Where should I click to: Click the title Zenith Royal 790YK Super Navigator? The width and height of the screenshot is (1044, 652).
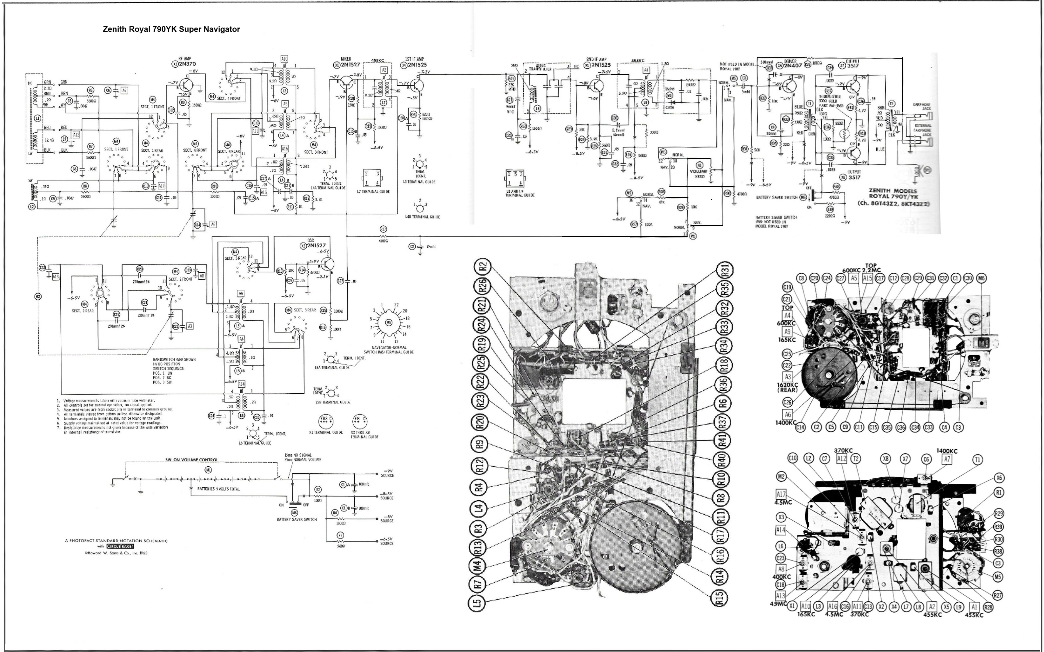coord(171,29)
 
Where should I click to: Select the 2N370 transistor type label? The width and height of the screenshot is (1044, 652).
coord(187,64)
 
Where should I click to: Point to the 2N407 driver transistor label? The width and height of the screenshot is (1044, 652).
coord(793,66)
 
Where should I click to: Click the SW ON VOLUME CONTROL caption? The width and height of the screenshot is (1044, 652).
coord(192,460)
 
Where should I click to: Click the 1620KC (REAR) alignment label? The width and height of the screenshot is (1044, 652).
coord(787,387)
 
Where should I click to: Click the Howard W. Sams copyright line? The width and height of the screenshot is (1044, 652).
coord(116,553)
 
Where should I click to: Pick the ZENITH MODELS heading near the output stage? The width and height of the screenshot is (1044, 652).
coord(892,190)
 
